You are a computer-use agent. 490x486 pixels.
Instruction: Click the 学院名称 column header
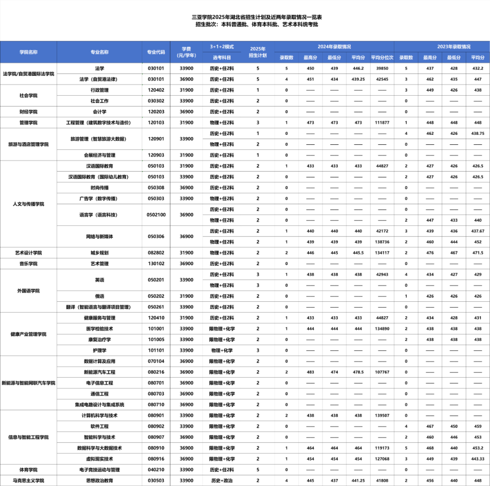point(28,52)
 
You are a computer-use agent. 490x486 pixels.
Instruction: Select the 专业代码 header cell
point(156,52)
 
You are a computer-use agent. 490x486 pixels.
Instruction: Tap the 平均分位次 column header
point(382,58)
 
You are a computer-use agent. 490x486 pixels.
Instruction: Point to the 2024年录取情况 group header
point(334,47)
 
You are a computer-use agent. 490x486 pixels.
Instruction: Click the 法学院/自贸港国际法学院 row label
point(28,74)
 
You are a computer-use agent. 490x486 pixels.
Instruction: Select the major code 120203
point(156,112)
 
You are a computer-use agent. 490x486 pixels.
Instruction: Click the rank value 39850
point(382,69)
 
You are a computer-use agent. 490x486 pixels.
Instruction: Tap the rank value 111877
point(382,123)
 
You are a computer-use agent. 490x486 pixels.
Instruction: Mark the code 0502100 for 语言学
point(156,215)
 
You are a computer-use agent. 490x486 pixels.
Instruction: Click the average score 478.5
point(358,372)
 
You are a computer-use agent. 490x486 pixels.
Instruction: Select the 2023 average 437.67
point(478,231)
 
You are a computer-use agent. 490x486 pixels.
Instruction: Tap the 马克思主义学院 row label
point(28,481)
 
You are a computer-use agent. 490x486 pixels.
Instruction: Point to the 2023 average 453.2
point(478,448)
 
